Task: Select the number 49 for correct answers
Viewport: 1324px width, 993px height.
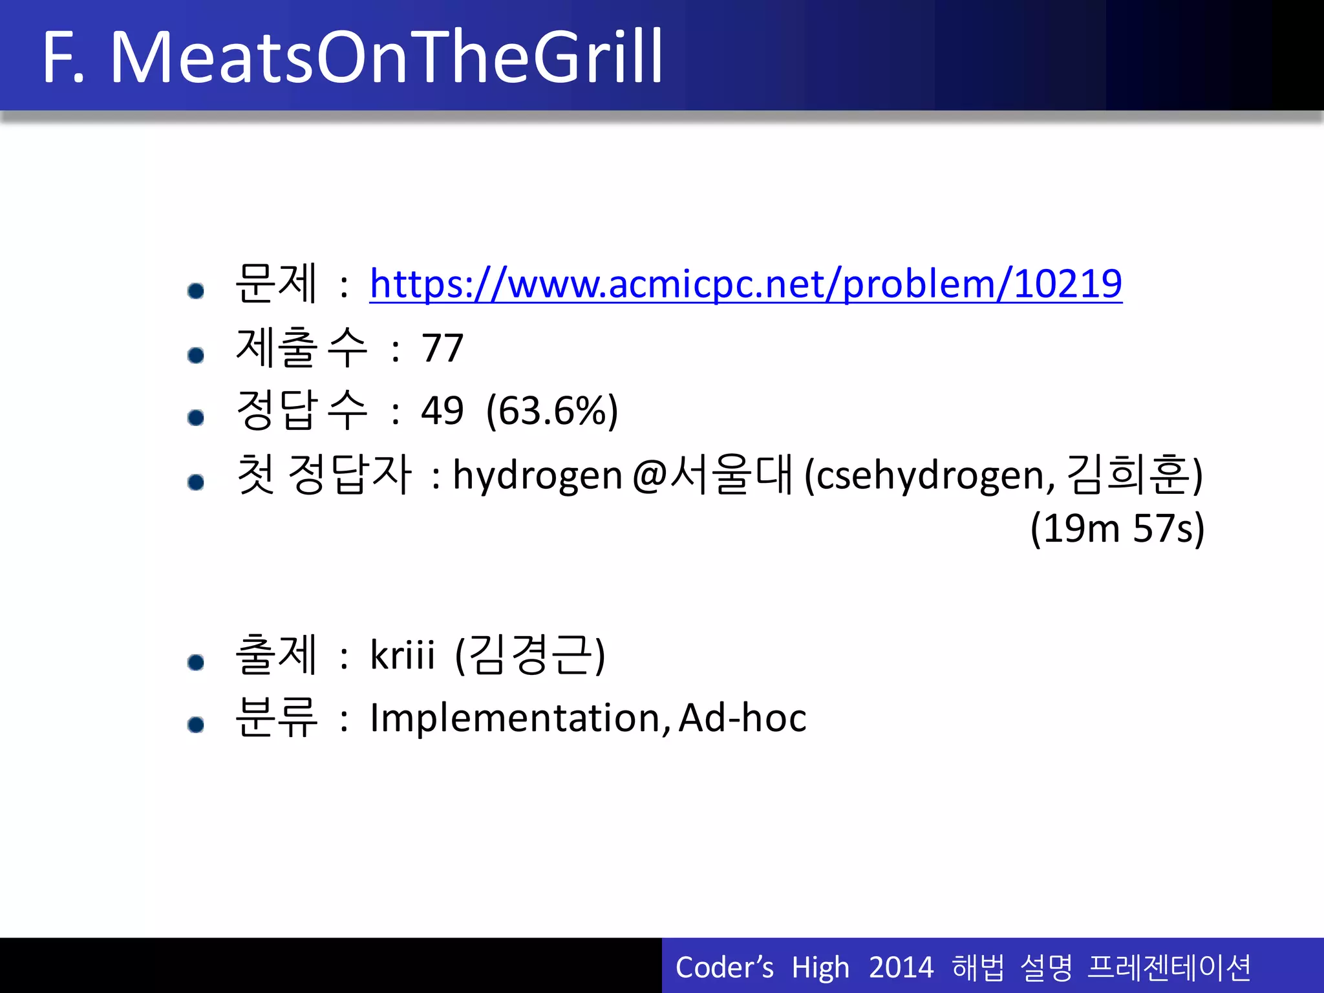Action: tap(442, 411)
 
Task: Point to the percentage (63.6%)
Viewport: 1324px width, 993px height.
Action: tap(552, 411)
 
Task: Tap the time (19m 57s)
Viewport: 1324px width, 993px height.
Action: tap(1117, 528)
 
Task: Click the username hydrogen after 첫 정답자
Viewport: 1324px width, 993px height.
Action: tap(537, 475)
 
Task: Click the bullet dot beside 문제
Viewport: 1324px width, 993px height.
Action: tap(196, 291)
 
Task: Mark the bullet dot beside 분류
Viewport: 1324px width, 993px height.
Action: tap(196, 725)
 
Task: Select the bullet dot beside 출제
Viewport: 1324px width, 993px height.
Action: tap(196, 662)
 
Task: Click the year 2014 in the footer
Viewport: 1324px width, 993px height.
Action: tap(901, 968)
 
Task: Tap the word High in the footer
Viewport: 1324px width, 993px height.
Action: tap(820, 968)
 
